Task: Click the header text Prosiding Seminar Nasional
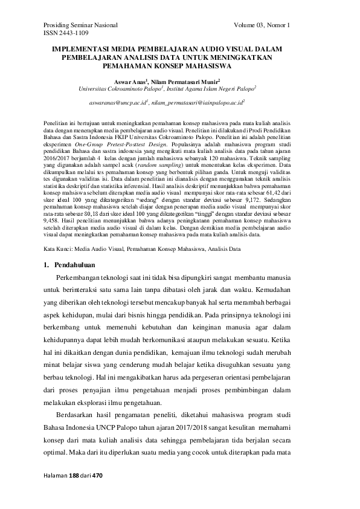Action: pos(80,25)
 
